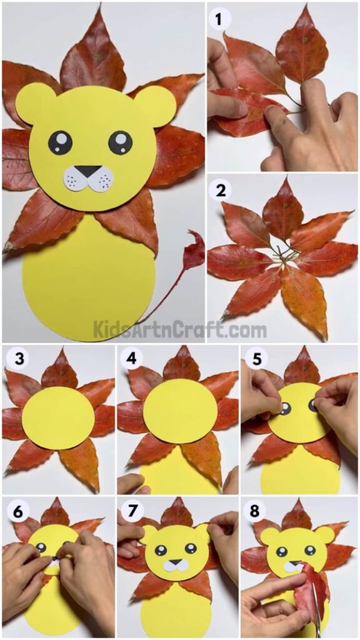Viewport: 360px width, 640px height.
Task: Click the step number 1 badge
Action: coord(217,20)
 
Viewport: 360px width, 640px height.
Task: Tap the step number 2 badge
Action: coord(220,191)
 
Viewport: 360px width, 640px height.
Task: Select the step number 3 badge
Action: coord(14,359)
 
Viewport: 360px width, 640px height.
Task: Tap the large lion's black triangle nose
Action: coord(88,171)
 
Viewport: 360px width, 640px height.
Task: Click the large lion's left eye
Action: coord(61,142)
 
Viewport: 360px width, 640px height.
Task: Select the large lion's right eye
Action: coord(121,142)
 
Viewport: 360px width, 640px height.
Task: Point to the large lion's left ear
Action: coord(35,104)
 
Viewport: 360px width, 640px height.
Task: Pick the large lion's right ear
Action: coord(155,106)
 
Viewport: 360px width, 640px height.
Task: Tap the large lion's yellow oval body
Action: coord(89,278)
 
